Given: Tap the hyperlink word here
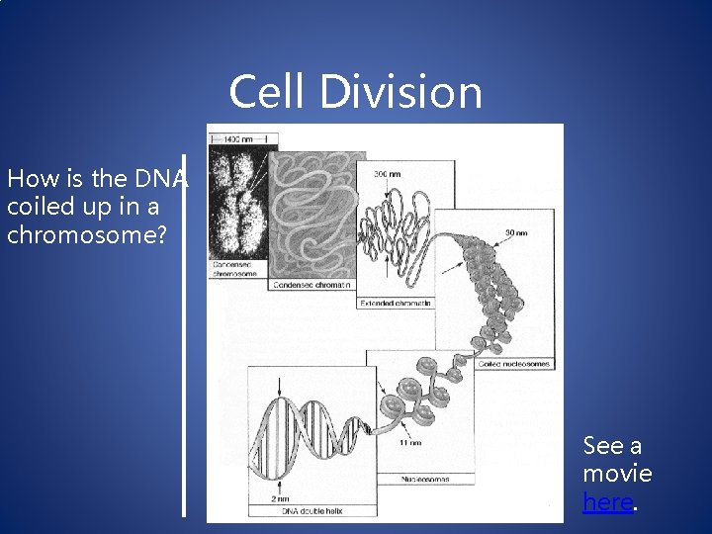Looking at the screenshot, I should click(x=607, y=501).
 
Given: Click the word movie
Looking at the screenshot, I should click(x=617, y=473).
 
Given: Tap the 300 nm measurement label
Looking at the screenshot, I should click(x=387, y=174).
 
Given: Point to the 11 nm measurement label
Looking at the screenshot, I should click(x=409, y=442).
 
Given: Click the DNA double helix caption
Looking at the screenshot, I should click(x=290, y=511).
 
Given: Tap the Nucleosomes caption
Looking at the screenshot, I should click(x=424, y=479).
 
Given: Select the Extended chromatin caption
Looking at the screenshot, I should click(x=396, y=303).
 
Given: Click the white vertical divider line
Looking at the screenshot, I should click(x=184, y=336).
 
